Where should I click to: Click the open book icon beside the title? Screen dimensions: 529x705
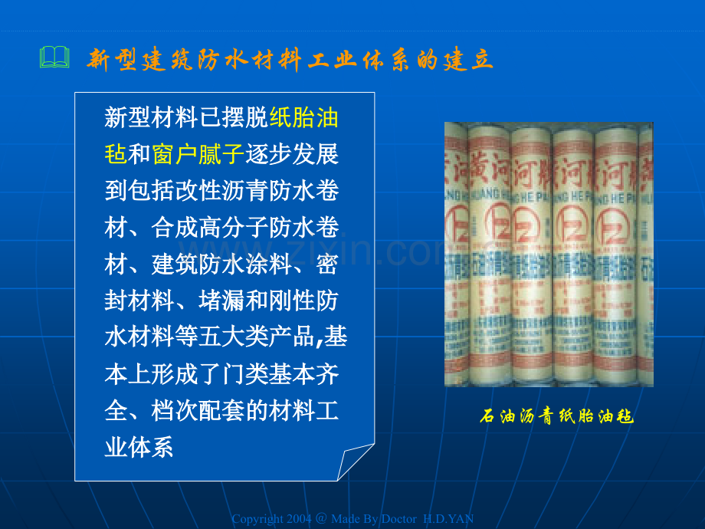point(54,57)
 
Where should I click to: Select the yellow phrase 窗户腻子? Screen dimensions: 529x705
point(198,155)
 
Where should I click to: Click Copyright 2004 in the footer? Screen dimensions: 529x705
point(272,519)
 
